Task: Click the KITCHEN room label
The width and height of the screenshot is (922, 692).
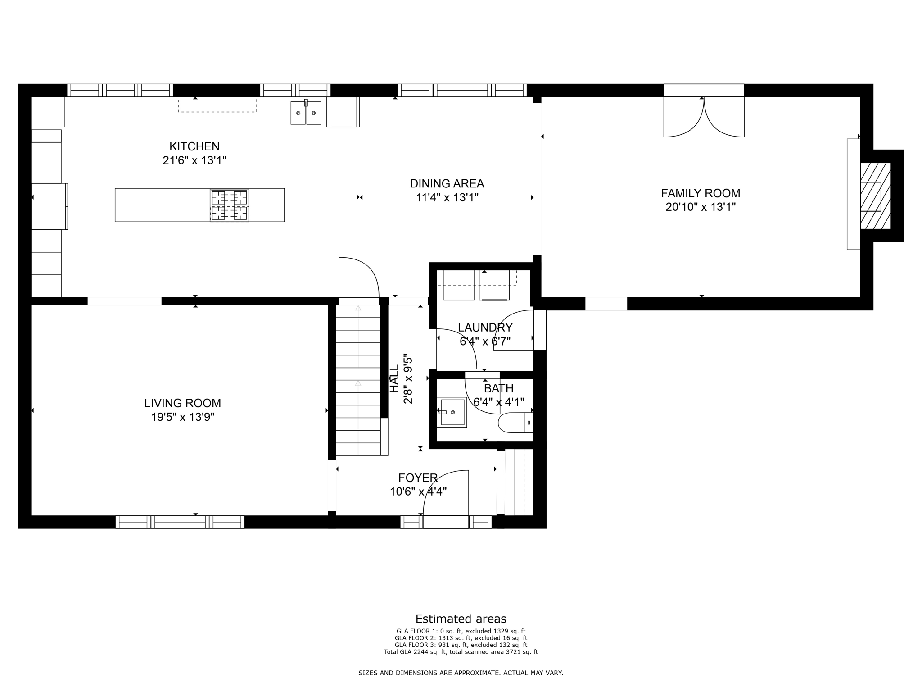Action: tap(194, 146)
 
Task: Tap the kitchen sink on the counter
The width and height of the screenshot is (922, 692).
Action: tap(306, 113)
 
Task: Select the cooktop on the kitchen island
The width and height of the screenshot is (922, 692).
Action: tap(229, 205)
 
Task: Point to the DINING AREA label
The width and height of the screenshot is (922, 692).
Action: tap(447, 183)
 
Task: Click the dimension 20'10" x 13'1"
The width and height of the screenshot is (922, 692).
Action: tap(701, 207)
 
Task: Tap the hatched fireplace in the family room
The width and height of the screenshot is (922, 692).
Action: tap(875, 196)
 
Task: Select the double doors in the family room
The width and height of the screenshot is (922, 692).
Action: tap(704, 117)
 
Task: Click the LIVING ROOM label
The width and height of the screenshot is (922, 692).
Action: tap(182, 403)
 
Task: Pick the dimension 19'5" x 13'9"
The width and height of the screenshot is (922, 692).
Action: tap(182, 417)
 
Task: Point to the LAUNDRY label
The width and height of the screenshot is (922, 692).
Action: tap(485, 328)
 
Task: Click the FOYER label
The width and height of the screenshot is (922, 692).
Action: tap(418, 478)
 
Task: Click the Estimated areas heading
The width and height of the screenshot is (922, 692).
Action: tap(461, 619)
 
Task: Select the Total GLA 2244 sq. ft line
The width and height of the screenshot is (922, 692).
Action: tap(461, 652)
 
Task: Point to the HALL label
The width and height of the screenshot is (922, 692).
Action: tap(394, 378)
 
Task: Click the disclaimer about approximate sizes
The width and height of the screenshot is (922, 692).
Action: tap(461, 673)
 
